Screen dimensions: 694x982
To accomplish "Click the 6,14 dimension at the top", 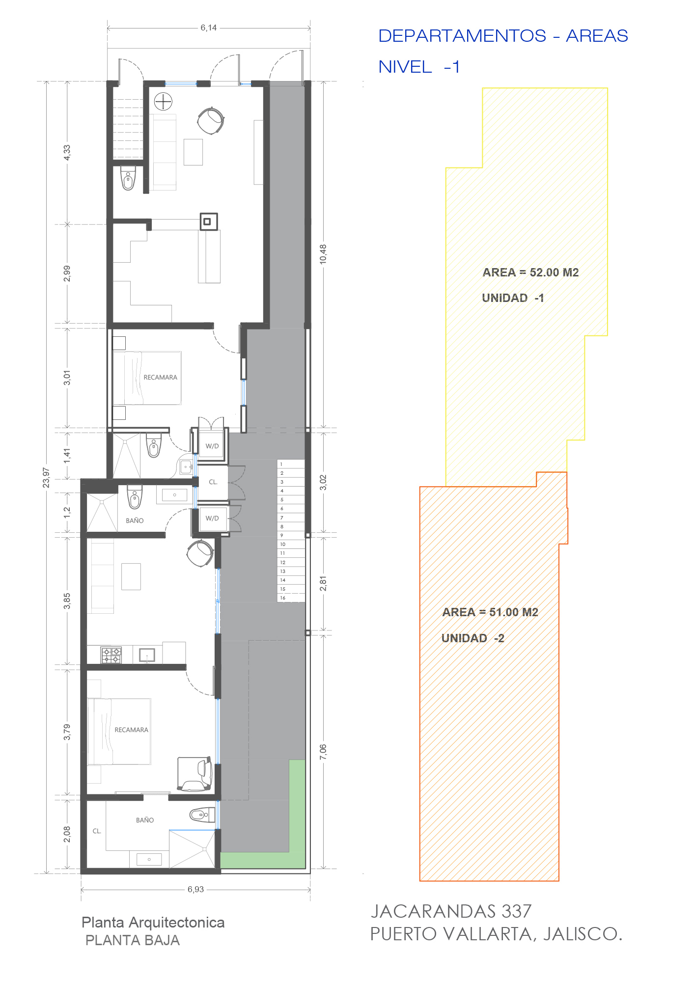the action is pyautogui.click(x=209, y=28).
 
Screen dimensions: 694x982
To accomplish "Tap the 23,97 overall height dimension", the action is pyautogui.click(x=46, y=477).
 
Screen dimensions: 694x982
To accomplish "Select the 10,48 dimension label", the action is pyautogui.click(x=323, y=254).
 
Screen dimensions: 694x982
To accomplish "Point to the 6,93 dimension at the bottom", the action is pyautogui.click(x=195, y=889).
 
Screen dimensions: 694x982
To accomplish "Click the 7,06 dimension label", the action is pyautogui.click(x=323, y=752).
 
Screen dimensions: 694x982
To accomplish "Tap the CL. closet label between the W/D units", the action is pyautogui.click(x=213, y=482).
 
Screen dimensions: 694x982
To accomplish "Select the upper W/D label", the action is pyautogui.click(x=212, y=446).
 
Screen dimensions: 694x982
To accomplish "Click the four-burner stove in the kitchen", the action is pyautogui.click(x=111, y=655).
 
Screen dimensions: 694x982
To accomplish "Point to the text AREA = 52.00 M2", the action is pyautogui.click(x=530, y=273).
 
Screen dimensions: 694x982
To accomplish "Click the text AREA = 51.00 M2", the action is pyautogui.click(x=490, y=612).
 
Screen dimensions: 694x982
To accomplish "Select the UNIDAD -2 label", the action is pyautogui.click(x=472, y=638).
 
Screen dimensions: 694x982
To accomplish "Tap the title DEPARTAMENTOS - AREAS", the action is pyautogui.click(x=503, y=36).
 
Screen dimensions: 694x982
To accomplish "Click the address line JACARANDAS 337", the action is pyautogui.click(x=451, y=911).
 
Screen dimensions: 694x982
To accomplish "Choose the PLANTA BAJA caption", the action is pyautogui.click(x=133, y=940).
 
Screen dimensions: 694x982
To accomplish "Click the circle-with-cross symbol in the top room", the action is pyautogui.click(x=163, y=102).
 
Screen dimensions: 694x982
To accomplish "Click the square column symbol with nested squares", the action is pyautogui.click(x=208, y=222).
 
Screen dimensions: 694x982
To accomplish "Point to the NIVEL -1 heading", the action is pyautogui.click(x=419, y=67).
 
